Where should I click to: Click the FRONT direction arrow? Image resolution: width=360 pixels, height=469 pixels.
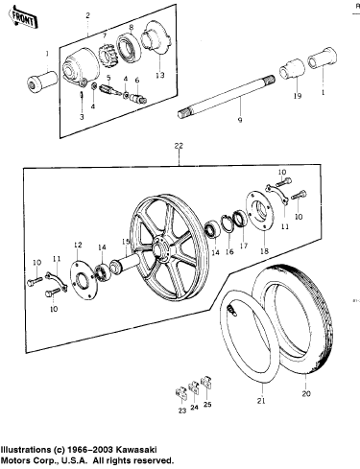[x=23, y=18]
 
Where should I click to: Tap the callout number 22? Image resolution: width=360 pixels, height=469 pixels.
[x=179, y=146]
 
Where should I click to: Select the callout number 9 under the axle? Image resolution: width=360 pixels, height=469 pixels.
[x=240, y=120]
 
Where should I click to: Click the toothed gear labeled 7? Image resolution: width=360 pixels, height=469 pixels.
[x=108, y=55]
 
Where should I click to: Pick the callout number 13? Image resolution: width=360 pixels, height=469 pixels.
[x=160, y=75]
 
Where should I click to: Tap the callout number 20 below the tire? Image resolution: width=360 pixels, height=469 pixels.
[x=306, y=393]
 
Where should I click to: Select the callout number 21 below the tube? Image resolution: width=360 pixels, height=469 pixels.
[x=261, y=401]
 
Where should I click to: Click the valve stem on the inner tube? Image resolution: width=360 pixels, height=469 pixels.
[x=231, y=311]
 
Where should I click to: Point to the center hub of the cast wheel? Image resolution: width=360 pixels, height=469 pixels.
[x=160, y=247]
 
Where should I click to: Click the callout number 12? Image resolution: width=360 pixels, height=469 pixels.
[x=78, y=245]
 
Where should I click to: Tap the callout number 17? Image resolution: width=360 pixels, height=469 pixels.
[x=244, y=246]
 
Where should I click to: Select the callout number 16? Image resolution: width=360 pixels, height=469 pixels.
[x=229, y=251]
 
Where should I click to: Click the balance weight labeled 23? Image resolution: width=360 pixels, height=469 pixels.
[x=180, y=393]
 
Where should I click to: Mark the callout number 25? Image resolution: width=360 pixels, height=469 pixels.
[x=207, y=405]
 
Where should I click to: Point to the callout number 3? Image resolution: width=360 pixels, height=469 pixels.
[x=82, y=117]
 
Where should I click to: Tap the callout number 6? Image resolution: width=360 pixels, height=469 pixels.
[x=137, y=81]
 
